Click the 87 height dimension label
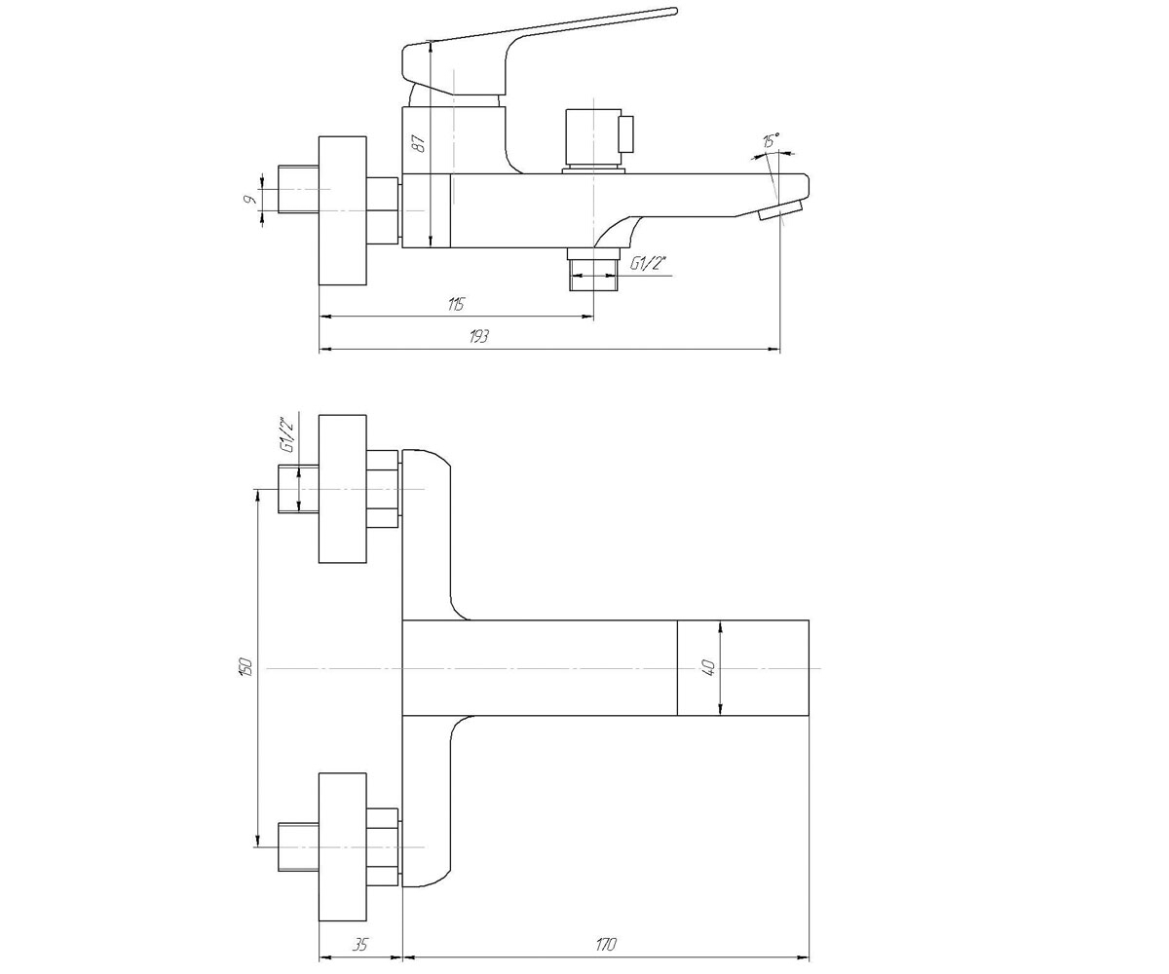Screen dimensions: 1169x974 419,144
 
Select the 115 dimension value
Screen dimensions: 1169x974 456,304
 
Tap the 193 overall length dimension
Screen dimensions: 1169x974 479,336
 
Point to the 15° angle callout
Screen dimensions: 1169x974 771,140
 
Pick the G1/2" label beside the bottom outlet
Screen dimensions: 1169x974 649,263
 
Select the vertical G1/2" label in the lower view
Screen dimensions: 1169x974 287,435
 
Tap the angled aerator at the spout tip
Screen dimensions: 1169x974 780,211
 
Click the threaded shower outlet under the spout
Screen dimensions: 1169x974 594,270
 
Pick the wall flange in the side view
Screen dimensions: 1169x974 343,210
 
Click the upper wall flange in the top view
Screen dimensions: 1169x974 343,489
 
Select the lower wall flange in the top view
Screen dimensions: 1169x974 343,847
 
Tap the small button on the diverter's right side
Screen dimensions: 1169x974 627,134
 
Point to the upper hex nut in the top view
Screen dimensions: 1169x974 383,489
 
